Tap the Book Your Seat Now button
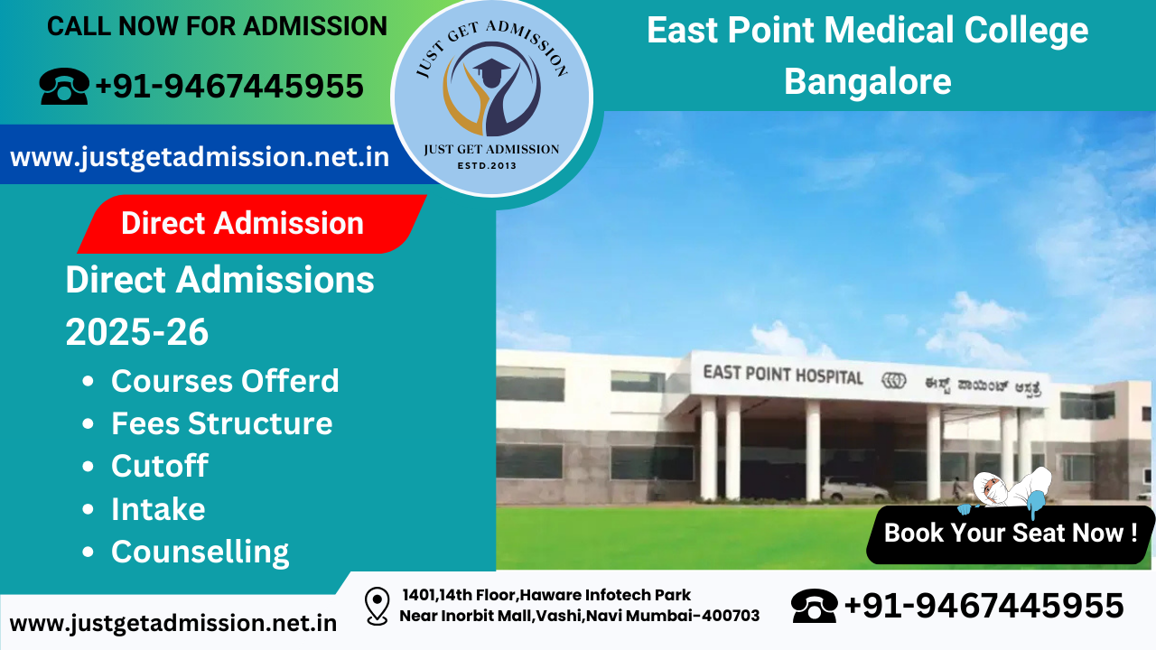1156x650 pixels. pos(1010,533)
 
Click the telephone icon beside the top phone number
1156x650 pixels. pos(63,87)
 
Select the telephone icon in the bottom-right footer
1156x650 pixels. pos(814,605)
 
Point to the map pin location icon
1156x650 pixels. pos(377,606)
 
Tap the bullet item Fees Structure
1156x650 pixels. pos(221,423)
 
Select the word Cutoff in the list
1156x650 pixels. pos(159,466)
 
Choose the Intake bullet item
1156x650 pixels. pos(158,509)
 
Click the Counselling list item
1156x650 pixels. pos(200,552)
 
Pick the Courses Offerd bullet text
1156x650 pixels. pos(225,381)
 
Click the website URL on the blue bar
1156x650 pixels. pos(200,157)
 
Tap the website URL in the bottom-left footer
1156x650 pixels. pos(173,623)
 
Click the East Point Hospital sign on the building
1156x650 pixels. pos(783,376)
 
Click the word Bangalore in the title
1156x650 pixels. pos(867,81)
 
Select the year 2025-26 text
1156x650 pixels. pos(137,333)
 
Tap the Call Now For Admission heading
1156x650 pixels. pos(217,27)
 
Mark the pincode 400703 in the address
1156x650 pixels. pos(729,616)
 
